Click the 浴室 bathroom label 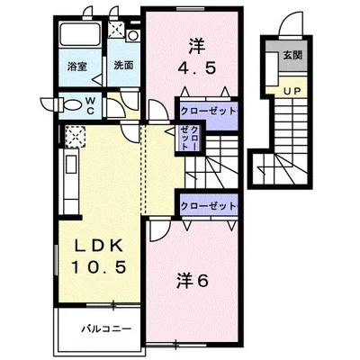[x=77, y=67]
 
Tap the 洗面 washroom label [x=123, y=66]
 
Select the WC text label [x=90, y=105]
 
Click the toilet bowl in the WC [x=73, y=105]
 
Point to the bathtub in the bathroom [x=80, y=33]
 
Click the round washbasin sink [x=132, y=35]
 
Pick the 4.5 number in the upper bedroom [x=197, y=68]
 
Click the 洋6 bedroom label [x=192, y=282]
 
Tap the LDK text [x=99, y=247]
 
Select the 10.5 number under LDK [x=98, y=267]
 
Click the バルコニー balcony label [x=107, y=328]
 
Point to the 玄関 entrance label [x=292, y=55]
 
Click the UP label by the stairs [x=292, y=92]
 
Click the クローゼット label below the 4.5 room [x=208, y=112]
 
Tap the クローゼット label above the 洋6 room [x=208, y=206]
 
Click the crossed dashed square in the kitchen [x=76, y=137]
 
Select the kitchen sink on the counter [x=72, y=164]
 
